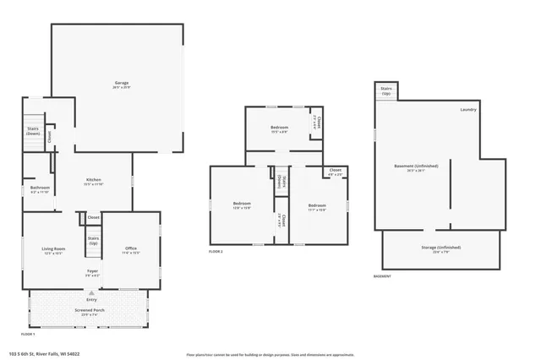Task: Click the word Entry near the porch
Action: click(x=90, y=300)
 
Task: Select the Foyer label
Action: click(x=92, y=272)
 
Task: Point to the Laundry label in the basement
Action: click(x=468, y=110)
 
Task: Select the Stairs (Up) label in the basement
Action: click(x=386, y=90)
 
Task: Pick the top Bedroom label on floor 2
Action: click(x=279, y=128)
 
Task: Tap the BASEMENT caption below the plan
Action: click(x=382, y=276)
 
